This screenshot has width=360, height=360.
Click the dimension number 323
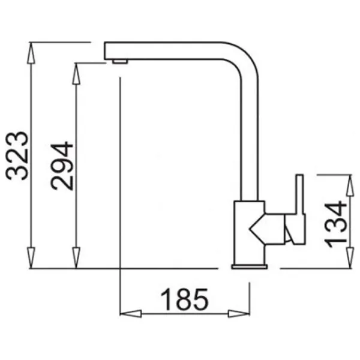coord(17,156)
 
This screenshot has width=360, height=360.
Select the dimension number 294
coord(62,166)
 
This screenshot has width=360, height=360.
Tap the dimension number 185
coord(184,299)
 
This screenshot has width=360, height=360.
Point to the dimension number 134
coord(335,224)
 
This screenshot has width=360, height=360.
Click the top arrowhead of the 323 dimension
coord(31,53)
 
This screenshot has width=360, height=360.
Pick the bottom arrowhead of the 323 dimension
coord(31,257)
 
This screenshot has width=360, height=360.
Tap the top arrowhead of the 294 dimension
coord(76,73)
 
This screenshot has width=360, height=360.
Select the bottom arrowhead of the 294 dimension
coord(76,257)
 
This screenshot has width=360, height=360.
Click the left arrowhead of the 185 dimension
coord(131,314)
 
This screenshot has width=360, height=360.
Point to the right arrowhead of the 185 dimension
coord(239,314)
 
